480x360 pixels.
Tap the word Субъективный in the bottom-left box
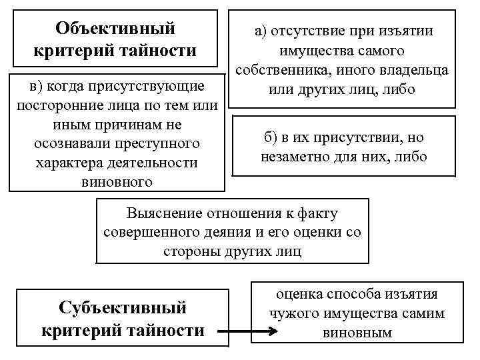(x=123, y=308)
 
